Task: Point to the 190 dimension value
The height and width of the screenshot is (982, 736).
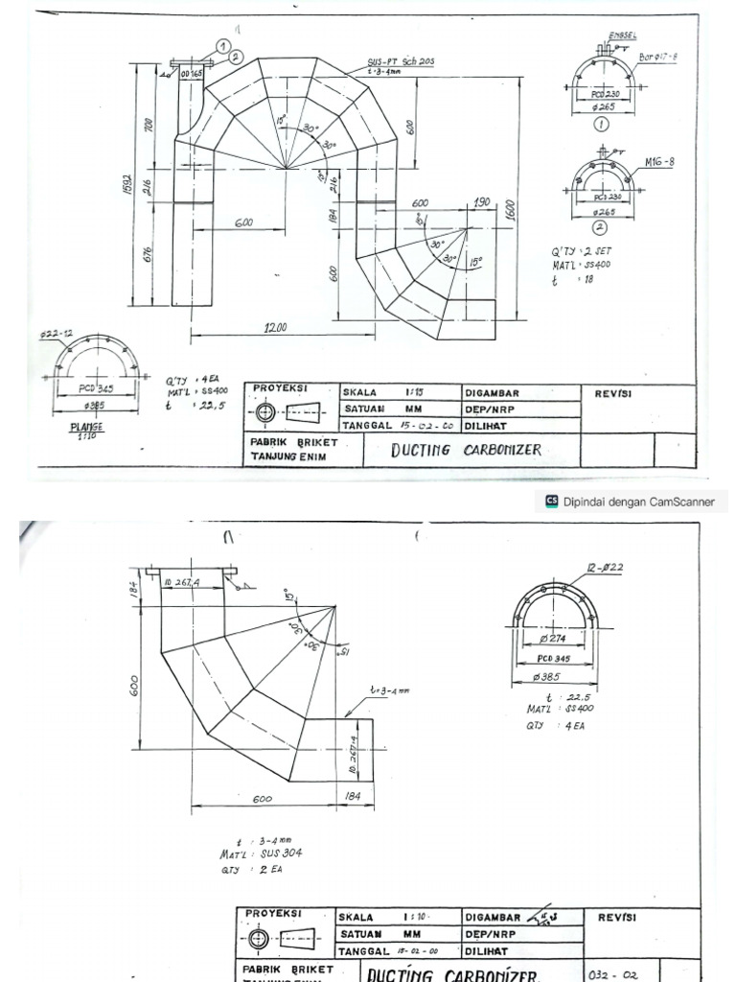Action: tap(481, 203)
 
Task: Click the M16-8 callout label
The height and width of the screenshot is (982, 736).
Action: tap(660, 161)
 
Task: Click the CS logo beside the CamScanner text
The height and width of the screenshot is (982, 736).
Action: tap(551, 500)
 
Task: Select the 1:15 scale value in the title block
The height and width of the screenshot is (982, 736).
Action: tap(414, 392)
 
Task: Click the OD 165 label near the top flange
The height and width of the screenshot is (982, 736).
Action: tap(192, 73)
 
